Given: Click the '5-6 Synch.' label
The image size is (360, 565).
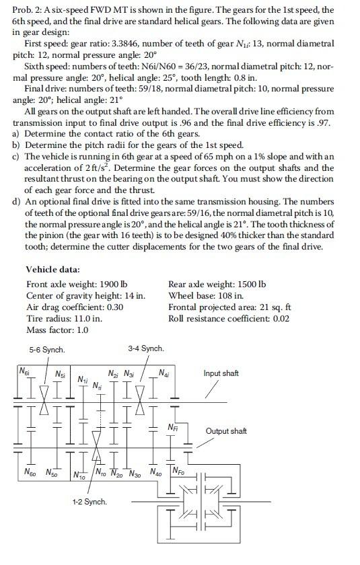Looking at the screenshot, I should (x=47, y=350).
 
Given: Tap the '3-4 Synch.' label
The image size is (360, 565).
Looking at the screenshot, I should (x=145, y=348).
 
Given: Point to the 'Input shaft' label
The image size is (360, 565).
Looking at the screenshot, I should (x=221, y=373).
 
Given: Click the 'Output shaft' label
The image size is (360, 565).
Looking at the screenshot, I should (x=226, y=431).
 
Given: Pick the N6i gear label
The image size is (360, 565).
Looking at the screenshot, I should (x=24, y=371).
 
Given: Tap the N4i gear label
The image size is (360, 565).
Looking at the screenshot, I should (x=164, y=373).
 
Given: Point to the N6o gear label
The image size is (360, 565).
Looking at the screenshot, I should (x=30, y=473).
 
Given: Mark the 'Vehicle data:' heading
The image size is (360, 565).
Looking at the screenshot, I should (x=54, y=270).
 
